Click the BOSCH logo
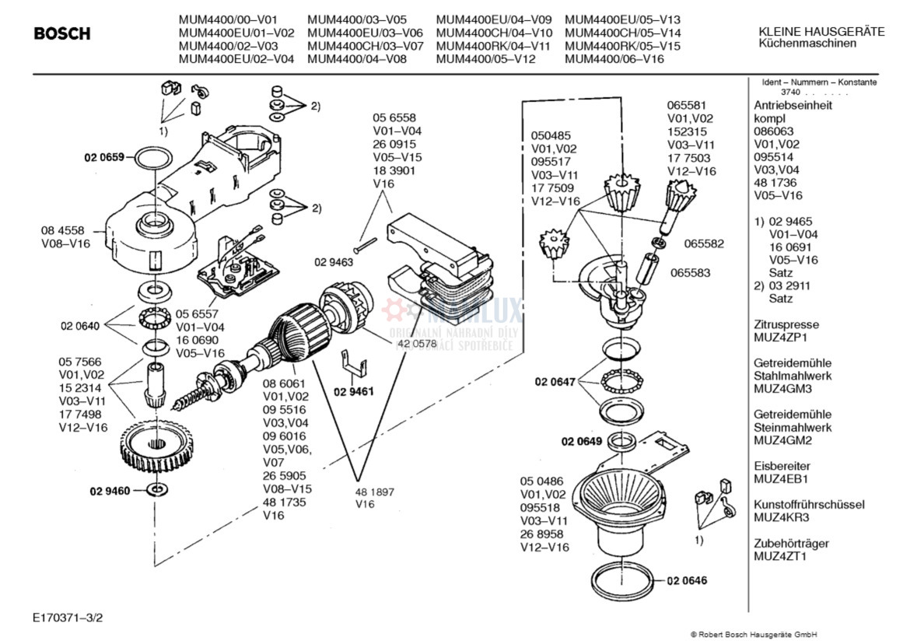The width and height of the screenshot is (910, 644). pos(62,34)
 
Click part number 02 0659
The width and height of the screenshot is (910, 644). pos(104,157)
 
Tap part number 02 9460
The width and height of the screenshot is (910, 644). pos(110,491)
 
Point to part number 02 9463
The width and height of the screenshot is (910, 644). pos(334,262)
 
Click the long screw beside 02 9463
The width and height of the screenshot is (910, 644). pos(366,244)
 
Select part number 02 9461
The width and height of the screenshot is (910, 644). pos(354,391)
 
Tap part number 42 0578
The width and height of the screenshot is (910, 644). pos(417,342)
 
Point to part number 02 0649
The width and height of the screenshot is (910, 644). pos(581,442)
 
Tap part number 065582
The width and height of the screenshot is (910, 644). pos(704,243)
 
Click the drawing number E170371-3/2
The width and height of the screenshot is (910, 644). pos(68,618)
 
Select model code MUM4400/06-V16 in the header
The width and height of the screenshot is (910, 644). pos(614,58)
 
